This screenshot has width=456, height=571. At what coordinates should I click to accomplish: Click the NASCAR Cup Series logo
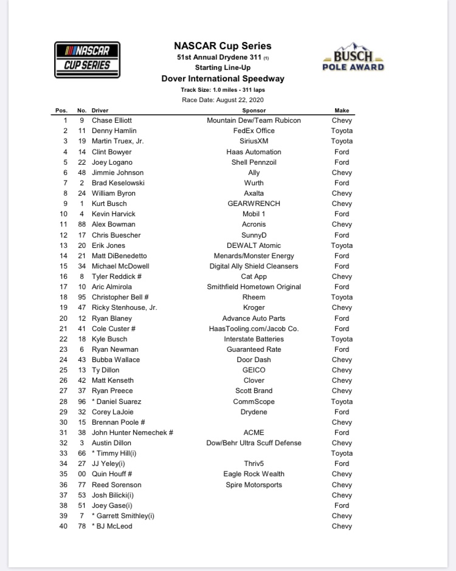(87, 60)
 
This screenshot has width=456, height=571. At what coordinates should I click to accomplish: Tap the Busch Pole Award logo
(353, 58)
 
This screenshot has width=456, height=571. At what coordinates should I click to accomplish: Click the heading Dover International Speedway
(223, 78)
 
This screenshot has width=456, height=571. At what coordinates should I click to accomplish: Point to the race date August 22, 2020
(223, 100)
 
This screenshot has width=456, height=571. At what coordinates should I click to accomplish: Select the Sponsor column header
(254, 111)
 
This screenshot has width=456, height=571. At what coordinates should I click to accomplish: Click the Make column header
(342, 111)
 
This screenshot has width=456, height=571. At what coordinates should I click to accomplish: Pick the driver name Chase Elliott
(112, 120)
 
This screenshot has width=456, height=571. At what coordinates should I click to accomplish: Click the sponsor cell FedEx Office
(254, 131)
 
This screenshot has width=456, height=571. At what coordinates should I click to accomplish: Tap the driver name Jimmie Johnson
(118, 173)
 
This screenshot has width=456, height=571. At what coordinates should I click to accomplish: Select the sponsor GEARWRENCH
(254, 203)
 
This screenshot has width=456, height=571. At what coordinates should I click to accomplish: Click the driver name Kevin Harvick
(114, 214)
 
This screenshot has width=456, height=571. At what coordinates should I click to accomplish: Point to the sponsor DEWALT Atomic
(254, 245)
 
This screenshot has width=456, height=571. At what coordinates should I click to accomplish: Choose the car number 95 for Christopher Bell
(81, 297)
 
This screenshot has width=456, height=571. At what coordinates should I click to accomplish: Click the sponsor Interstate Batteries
(254, 339)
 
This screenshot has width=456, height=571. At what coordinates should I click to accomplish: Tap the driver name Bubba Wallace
(116, 360)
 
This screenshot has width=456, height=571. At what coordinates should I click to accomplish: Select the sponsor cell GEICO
(254, 370)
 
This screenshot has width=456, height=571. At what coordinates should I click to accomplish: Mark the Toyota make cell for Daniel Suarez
(342, 402)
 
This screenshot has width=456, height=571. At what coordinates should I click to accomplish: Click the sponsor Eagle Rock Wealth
(254, 474)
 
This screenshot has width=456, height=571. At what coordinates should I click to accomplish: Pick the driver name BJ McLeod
(114, 526)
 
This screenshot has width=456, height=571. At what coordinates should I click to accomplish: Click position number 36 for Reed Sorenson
(63, 485)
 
